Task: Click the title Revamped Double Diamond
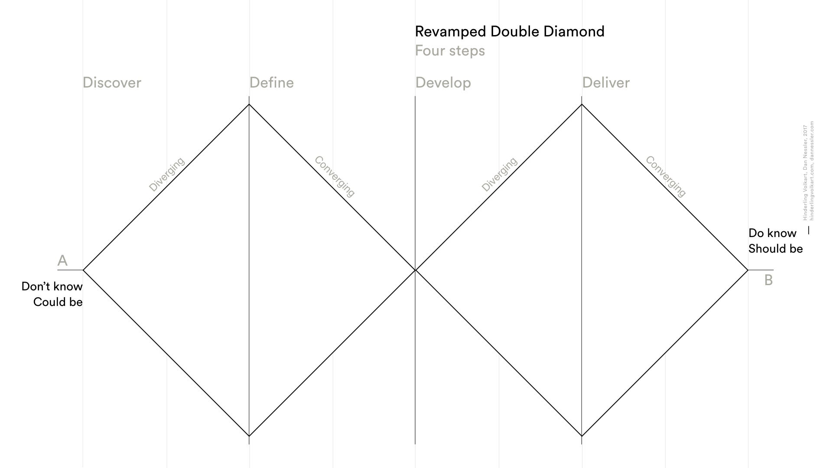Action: coord(510,32)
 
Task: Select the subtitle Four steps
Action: coord(450,51)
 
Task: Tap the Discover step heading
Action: coord(112,83)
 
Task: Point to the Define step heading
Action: coord(272,83)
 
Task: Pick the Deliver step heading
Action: coord(606,83)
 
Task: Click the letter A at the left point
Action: coord(62,260)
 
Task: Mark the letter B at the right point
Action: coord(768,280)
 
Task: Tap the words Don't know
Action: coord(52,286)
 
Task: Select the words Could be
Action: coord(58,302)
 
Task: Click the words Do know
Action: coord(772,233)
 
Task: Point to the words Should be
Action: coord(776,249)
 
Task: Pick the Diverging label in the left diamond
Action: coord(167,174)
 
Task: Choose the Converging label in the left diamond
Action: coord(335,176)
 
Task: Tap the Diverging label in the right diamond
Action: coord(499,174)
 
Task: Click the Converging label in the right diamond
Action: coord(666,176)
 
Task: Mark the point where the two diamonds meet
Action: coord(416,270)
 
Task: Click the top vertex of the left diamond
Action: coord(249,104)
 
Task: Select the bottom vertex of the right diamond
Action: coord(582,436)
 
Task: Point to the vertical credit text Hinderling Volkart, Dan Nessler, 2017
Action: coord(805,172)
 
